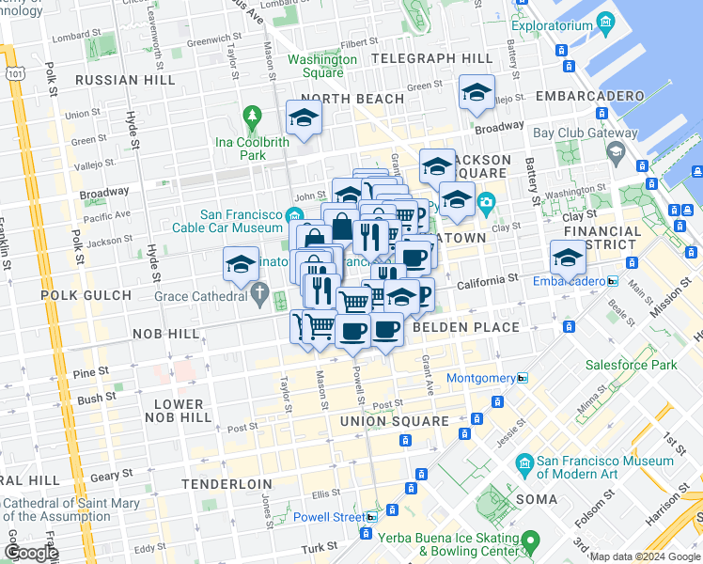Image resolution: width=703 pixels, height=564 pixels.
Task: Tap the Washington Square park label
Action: click(322, 66)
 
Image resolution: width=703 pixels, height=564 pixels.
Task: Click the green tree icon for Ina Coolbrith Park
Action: click(251, 117)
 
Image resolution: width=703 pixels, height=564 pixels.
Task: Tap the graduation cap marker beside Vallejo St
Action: click(476, 92)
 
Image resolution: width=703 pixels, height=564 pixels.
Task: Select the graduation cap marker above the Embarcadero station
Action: click(569, 256)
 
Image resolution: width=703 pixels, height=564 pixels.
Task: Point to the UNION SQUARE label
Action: click(395, 421)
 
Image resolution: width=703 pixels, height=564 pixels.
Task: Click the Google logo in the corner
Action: click(30, 553)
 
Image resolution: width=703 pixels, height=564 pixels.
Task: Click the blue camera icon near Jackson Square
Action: click(487, 202)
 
